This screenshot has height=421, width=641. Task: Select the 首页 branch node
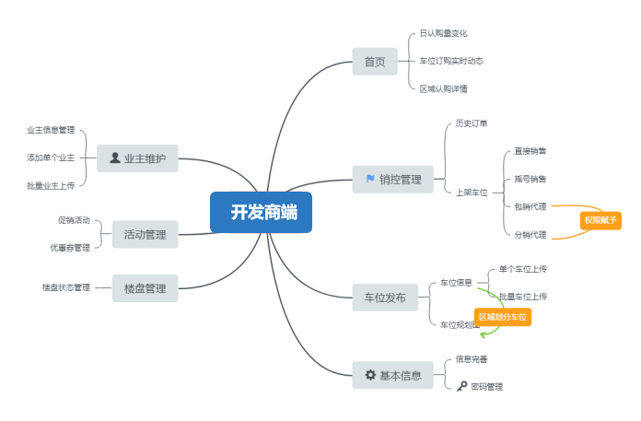tap(374, 62)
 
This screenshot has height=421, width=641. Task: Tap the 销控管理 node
tap(392, 179)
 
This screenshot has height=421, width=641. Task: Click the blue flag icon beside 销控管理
tap(369, 179)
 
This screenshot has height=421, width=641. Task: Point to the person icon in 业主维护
tap(114, 158)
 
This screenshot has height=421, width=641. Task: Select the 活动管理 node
tap(145, 234)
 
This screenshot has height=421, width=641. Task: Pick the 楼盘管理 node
tap(145, 287)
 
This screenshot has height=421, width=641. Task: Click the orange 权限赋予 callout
tap(600, 220)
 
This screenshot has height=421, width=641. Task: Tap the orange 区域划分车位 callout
tap(503, 317)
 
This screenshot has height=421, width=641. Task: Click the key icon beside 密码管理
tap(461, 387)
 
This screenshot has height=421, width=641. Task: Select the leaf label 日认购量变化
tap(444, 32)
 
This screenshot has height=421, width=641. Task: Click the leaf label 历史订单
tap(472, 123)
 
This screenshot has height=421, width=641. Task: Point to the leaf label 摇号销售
tap(530, 179)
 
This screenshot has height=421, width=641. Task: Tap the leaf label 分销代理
tap(530, 235)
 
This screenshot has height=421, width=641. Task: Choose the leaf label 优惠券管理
tap(70, 248)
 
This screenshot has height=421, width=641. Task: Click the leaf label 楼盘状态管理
tap(66, 287)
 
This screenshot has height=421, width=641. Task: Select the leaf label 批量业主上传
tap(51, 185)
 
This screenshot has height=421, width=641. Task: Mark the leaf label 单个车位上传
tap(522, 269)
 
